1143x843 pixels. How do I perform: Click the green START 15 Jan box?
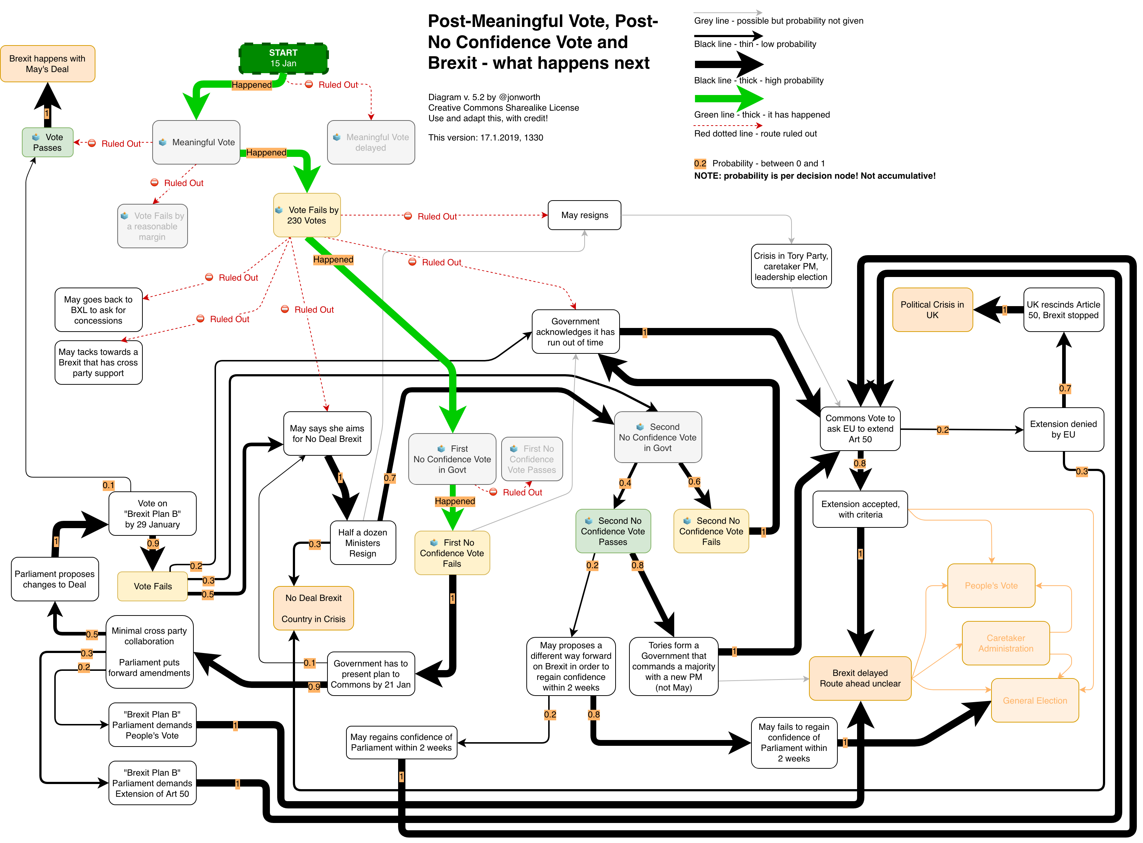coord(283,58)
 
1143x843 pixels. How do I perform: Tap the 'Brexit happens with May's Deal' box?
coord(47,64)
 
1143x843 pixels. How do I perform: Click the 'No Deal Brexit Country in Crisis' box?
coord(314,608)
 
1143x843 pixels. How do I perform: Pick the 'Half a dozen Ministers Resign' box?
coord(362,543)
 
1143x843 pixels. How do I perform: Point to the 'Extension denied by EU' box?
coord(1063,429)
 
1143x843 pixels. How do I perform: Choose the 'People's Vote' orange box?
coord(991,586)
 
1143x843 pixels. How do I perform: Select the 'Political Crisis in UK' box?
coord(932,310)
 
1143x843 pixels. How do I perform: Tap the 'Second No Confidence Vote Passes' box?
coord(613,531)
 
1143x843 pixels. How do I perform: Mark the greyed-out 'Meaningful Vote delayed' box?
coord(371,142)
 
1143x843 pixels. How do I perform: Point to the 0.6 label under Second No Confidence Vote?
coord(694,482)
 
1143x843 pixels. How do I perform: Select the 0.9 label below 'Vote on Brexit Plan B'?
coord(153,543)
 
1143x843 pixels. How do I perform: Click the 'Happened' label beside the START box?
coord(252,85)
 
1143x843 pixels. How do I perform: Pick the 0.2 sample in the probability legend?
coord(700,164)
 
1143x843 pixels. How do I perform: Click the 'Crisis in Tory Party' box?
coord(791,266)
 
